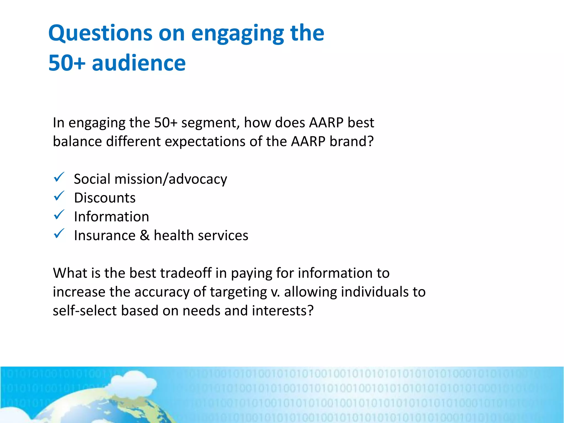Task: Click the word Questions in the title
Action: pos(100,33)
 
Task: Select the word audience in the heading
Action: pos(139,63)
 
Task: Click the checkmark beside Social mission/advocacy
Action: pos(59,177)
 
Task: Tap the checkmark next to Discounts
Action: pos(59,196)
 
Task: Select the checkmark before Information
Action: pos(59,215)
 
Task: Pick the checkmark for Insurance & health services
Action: pos(59,234)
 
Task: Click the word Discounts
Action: pos(105,198)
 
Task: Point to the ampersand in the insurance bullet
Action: pos(145,235)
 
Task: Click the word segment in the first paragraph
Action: pos(210,123)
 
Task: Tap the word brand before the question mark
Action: pos(348,142)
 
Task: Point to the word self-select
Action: pos(85,311)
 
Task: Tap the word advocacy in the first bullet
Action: pos(198,179)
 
